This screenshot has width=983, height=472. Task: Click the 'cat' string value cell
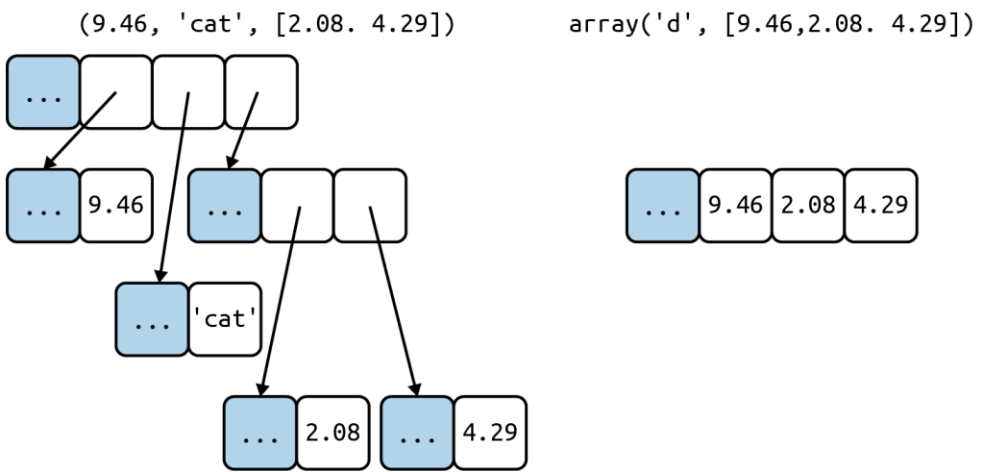pos(225,319)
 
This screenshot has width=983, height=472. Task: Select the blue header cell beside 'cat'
pos(152,319)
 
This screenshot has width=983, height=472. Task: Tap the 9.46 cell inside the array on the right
pos(735,206)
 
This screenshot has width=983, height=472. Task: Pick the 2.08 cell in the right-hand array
pos(808,206)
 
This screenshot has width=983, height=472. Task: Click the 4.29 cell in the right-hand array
pos(880,206)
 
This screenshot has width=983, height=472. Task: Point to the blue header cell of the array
pos(663,206)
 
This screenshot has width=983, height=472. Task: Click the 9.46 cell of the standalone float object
pos(115,206)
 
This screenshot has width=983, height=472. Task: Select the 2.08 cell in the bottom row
pos(332,433)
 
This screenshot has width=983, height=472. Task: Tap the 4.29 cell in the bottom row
pos(490,433)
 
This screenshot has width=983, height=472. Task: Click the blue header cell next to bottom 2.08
pos(260,433)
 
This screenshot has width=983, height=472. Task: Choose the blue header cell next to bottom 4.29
pos(417,433)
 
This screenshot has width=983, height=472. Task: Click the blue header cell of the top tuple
pos(42,92)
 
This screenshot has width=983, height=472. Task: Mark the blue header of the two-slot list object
pos(225,206)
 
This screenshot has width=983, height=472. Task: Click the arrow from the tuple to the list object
pos(242,130)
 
